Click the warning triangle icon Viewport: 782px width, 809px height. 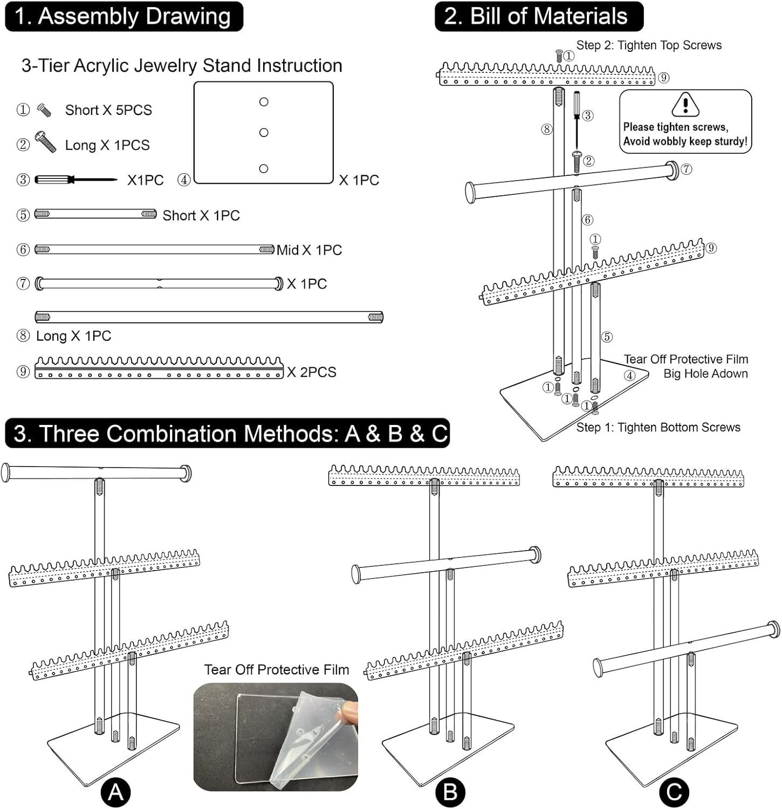coord(685,104)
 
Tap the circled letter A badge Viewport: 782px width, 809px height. coord(115,792)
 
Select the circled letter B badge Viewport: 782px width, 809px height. coord(450,792)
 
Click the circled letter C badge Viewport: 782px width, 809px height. coord(674,792)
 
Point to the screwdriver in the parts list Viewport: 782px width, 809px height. coord(76,180)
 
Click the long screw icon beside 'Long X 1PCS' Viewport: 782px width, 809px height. coord(46,142)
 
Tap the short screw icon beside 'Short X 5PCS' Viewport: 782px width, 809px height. coord(44,110)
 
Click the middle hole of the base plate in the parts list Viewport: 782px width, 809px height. coord(264,133)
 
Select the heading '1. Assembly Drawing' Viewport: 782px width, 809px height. coord(124,16)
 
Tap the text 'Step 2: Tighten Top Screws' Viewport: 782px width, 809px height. coord(649,45)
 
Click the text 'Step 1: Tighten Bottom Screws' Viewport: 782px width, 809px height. coord(658,428)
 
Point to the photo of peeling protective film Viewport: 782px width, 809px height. coord(276,737)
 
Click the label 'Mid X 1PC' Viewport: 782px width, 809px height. coord(309,250)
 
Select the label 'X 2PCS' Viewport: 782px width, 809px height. coord(312,372)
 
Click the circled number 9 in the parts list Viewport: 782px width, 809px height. coord(23,372)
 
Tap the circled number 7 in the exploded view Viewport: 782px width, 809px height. coord(686,169)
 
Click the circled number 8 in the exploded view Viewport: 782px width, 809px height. coord(547,129)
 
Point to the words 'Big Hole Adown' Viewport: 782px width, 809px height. coord(705,374)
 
